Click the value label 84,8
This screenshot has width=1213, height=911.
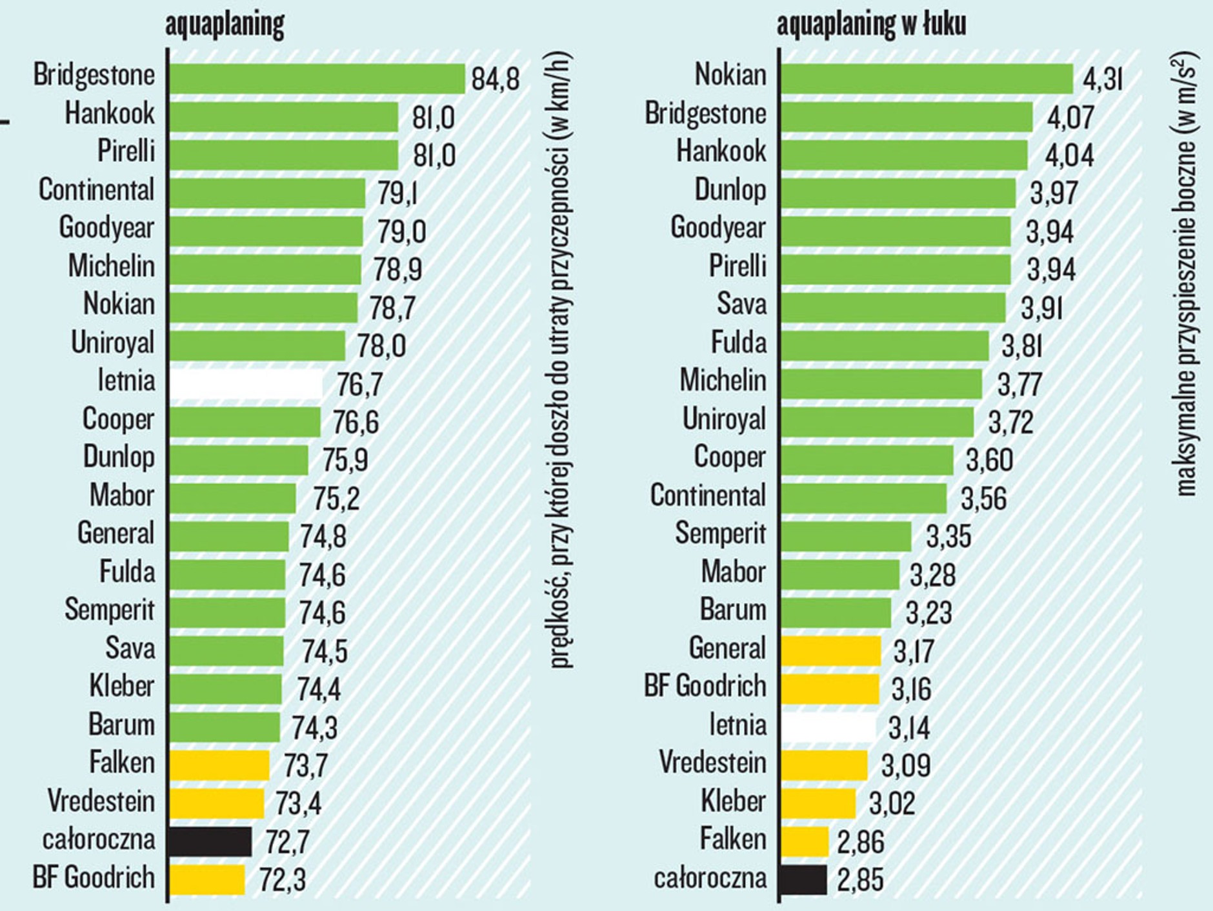[x=495, y=79]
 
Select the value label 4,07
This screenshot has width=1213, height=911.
[x=1070, y=117]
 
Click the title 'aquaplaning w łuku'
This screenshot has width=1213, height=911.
[x=871, y=25]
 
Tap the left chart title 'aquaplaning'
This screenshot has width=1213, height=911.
[x=225, y=25]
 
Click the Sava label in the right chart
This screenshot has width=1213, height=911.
[x=741, y=304]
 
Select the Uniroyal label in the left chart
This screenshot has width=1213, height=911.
[x=113, y=343]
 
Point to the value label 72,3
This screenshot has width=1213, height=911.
[x=283, y=880]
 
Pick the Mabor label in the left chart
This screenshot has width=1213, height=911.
[x=122, y=496]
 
